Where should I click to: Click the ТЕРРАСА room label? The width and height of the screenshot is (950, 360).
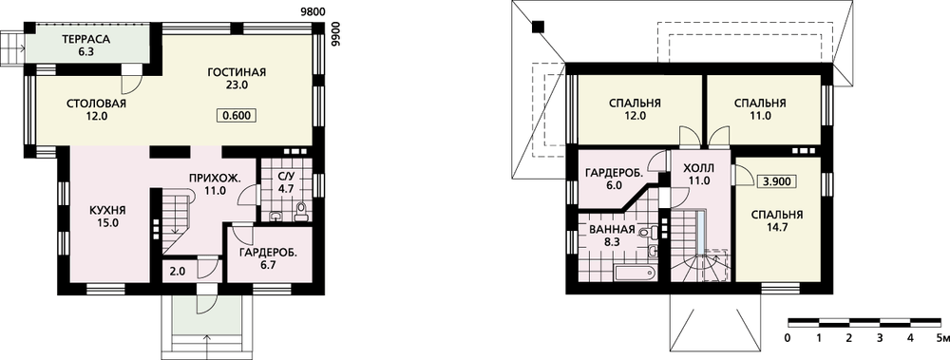click(x=85, y=39)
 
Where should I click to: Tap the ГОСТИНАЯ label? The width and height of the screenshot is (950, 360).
click(x=237, y=73)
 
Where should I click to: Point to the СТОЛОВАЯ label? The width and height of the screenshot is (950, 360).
click(x=96, y=103)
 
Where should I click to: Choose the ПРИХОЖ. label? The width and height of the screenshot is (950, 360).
click(x=216, y=179)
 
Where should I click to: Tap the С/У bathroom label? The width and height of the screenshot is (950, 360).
click(x=285, y=177)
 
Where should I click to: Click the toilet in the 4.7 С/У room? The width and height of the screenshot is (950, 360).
click(x=300, y=212)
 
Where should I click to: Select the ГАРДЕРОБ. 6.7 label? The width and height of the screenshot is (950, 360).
click(x=268, y=253)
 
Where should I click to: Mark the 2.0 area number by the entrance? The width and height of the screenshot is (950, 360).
click(x=177, y=272)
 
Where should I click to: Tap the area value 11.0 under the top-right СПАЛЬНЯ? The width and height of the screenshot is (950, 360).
click(x=760, y=115)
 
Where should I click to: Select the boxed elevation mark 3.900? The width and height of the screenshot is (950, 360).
click(x=777, y=181)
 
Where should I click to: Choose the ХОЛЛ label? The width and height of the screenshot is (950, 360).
click(x=698, y=167)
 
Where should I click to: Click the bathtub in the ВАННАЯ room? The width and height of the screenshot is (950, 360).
click(x=636, y=272)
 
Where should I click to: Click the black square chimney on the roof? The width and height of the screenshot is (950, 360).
click(x=538, y=27)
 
